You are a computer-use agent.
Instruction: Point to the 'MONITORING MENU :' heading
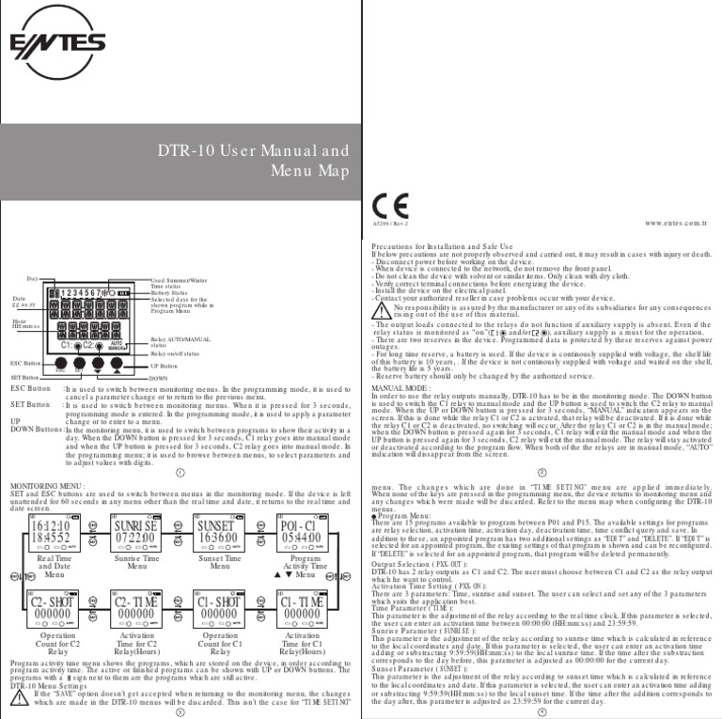click(47, 487)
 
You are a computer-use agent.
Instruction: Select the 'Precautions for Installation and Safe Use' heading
click(429, 247)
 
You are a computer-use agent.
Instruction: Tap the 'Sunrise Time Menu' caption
click(135, 564)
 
